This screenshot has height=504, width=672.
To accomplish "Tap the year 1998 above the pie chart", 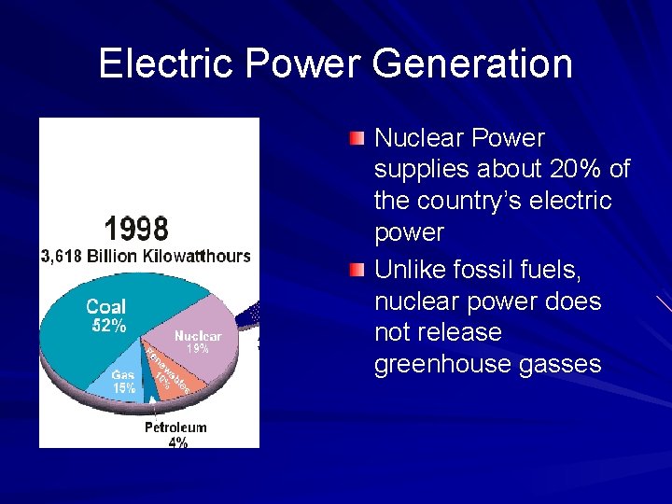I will (136, 228).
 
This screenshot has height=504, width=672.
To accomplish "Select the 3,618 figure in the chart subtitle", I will (62, 256).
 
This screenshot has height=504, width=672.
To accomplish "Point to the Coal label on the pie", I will (105, 306).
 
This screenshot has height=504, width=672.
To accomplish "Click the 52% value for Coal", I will (108, 326).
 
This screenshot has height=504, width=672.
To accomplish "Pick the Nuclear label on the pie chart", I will (198, 335).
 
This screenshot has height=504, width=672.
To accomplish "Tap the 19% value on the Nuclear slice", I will (197, 349).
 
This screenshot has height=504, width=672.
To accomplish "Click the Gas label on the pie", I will (122, 375).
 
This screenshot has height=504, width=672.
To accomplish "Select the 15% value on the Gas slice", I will (123, 387).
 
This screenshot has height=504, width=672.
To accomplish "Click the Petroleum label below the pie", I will (175, 427).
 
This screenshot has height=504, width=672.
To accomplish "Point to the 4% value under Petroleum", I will (177, 442).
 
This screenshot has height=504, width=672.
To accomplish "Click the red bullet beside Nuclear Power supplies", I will (357, 139).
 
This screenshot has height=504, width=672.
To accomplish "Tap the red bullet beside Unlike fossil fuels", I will (357, 272).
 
